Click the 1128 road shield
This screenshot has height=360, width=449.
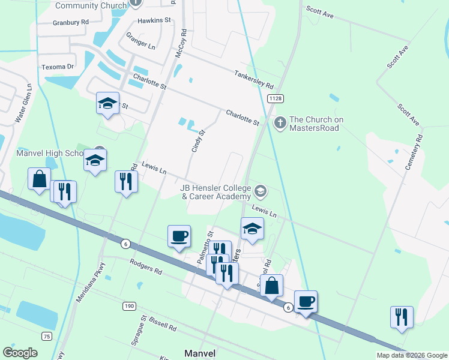[276, 98]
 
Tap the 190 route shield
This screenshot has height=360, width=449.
[128, 306]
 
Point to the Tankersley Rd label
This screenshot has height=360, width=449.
[254, 77]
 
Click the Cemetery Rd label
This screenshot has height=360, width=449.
[414, 151]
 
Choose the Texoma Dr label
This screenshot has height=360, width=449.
[58, 67]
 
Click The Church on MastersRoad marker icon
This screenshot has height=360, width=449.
[279, 123]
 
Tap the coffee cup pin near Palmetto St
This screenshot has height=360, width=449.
[179, 235]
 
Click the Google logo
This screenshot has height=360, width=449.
[20, 353]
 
